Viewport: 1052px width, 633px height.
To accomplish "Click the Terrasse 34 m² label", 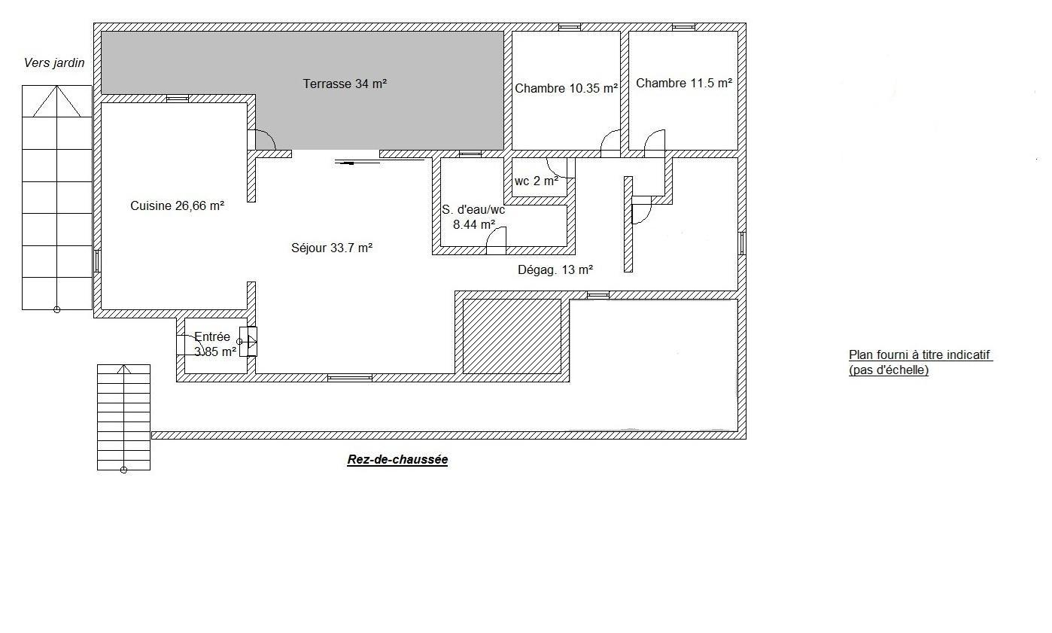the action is click(345, 84).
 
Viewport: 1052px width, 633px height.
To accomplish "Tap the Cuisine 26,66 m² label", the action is click(177, 205).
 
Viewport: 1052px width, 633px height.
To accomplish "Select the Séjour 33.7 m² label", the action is click(332, 248).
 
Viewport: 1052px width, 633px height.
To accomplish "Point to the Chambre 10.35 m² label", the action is click(566, 88).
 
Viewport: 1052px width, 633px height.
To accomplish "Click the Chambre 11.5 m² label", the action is click(684, 83).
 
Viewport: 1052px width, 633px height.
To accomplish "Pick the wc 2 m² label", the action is click(537, 181).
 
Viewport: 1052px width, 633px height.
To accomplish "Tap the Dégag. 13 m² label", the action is click(555, 269).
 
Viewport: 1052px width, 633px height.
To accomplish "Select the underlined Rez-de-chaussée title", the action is click(397, 459).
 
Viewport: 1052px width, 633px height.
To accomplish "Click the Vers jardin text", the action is click(54, 62).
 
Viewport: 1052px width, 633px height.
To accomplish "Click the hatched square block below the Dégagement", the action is click(512, 336).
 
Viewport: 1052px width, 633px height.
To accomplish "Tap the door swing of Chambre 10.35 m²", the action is click(610, 139).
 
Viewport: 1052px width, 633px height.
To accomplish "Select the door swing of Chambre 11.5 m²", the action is click(655, 139).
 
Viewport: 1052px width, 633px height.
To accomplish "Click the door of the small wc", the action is click(559, 168).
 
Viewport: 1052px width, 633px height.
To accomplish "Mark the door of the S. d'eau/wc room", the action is click(496, 241).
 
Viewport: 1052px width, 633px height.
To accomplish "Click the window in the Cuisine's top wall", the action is click(178, 99).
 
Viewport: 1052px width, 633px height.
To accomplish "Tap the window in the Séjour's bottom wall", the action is click(349, 378).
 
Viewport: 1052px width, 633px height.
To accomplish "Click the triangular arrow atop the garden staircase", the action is click(57, 101).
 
